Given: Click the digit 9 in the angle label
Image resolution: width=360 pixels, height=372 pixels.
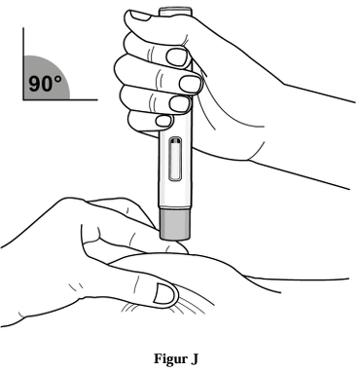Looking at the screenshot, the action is coord(35,84).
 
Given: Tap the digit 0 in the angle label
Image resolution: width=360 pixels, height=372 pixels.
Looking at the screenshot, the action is coord(48,84).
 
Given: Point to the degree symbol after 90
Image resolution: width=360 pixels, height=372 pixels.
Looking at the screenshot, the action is coord(57,80).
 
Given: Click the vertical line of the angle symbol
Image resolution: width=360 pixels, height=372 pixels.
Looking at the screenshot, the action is coord(23,63).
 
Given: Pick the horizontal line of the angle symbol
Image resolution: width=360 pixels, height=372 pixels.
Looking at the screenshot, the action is coord(60,99).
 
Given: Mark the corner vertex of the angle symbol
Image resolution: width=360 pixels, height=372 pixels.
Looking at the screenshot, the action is coord(23,99).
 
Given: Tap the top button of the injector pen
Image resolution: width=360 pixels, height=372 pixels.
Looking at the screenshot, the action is coord(175,11).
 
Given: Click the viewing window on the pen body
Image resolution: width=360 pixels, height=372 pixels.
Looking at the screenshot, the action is coord(175,159).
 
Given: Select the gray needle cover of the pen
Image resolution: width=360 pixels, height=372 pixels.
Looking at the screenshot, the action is coord(174,224).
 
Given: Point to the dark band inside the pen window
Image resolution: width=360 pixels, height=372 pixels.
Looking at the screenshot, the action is coord(175,141).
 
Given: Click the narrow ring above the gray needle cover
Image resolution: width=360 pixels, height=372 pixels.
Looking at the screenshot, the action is coord(174,206).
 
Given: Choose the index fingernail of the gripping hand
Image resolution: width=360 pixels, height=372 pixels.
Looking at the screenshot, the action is coord(177,56).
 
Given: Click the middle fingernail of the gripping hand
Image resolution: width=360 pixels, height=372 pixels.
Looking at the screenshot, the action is coord(191,84).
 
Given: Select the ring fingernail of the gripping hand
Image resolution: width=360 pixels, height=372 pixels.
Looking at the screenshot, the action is coord(180,104).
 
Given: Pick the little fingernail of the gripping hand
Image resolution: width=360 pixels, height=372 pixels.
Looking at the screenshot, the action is coord(163,121).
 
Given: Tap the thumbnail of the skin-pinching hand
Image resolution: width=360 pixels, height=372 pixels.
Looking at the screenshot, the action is coord(165,293).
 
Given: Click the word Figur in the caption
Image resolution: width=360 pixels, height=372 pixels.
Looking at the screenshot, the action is coord(166,359).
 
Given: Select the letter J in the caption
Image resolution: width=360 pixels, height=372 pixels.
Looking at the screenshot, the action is coord(194,358).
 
